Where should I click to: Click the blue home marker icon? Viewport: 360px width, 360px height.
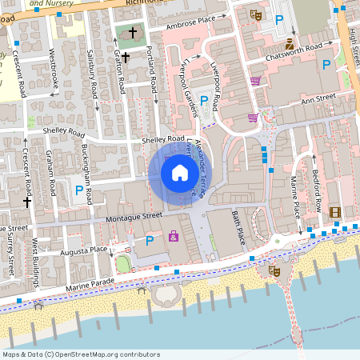pyautogui.click(x=180, y=172)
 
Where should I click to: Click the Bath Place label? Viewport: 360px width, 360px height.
pyautogui.click(x=238, y=228)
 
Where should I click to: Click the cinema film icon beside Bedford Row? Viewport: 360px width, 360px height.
pyautogui.click(x=334, y=212)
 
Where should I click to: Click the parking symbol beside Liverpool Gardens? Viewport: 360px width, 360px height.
pyautogui.click(x=204, y=101)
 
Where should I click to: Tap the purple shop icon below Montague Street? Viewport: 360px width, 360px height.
pyautogui.click(x=174, y=236)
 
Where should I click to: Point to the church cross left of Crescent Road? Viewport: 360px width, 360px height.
pyautogui.click(x=26, y=202)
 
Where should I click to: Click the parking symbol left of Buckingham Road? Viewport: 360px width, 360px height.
pyautogui.click(x=78, y=190)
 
